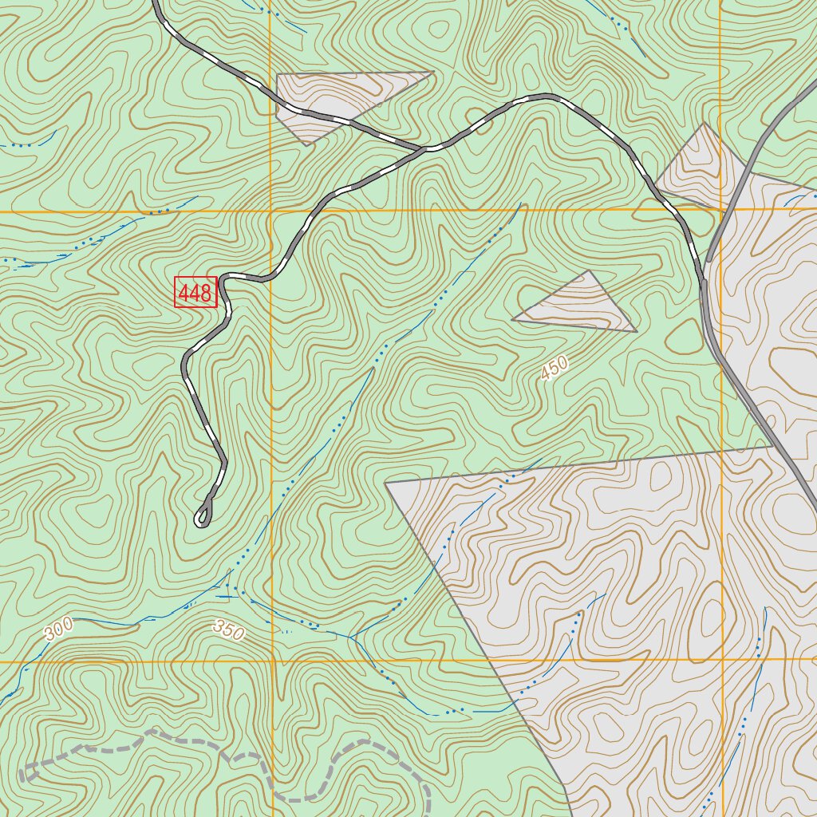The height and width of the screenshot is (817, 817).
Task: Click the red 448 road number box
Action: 196,293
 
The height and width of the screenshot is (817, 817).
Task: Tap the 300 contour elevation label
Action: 58,630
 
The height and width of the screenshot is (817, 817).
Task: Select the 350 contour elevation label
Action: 228,630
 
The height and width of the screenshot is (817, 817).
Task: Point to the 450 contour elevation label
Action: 555,368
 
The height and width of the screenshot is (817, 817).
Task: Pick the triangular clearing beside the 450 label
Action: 578,306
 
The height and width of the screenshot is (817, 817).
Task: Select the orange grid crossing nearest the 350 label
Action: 271,661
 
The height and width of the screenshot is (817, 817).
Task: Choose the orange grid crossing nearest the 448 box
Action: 270,211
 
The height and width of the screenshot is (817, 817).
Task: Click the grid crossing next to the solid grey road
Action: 720,210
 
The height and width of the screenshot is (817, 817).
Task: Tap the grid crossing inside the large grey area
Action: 721,660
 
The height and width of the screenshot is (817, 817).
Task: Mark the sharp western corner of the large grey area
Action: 385,483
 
